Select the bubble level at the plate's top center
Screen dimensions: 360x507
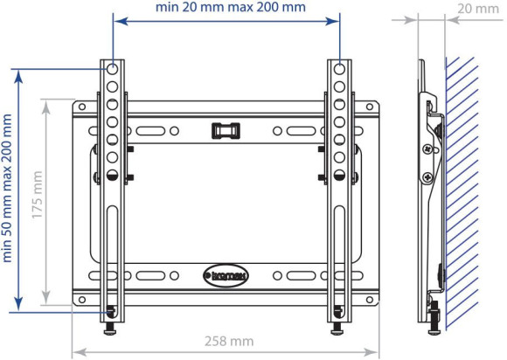coord(226,129)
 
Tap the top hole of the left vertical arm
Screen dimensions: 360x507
coord(114,67)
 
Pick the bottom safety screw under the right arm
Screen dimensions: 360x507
coord(337,327)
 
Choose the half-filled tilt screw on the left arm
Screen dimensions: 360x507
coord(114,174)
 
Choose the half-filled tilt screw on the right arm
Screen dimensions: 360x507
coord(338,174)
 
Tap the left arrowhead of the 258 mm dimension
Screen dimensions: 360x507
coord(75,353)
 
